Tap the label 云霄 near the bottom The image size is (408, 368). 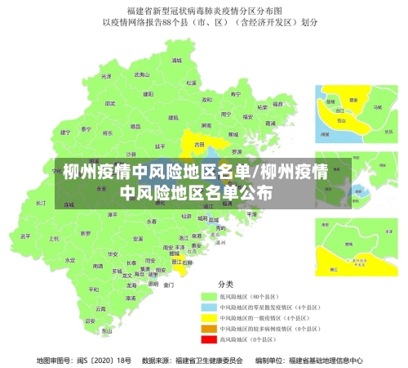[100, 309]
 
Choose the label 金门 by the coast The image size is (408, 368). [169, 285]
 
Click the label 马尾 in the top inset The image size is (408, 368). [377, 106]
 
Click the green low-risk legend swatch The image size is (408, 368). [207, 296]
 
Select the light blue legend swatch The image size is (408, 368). [207, 307]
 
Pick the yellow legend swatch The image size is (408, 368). [207, 317]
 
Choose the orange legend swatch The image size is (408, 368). [207, 328]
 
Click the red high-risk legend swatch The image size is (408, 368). [207, 339]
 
